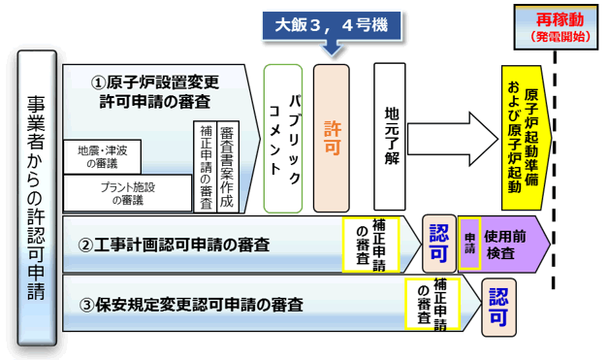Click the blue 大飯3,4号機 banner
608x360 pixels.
pos(329,23)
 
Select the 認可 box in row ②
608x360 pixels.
pos(438,243)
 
